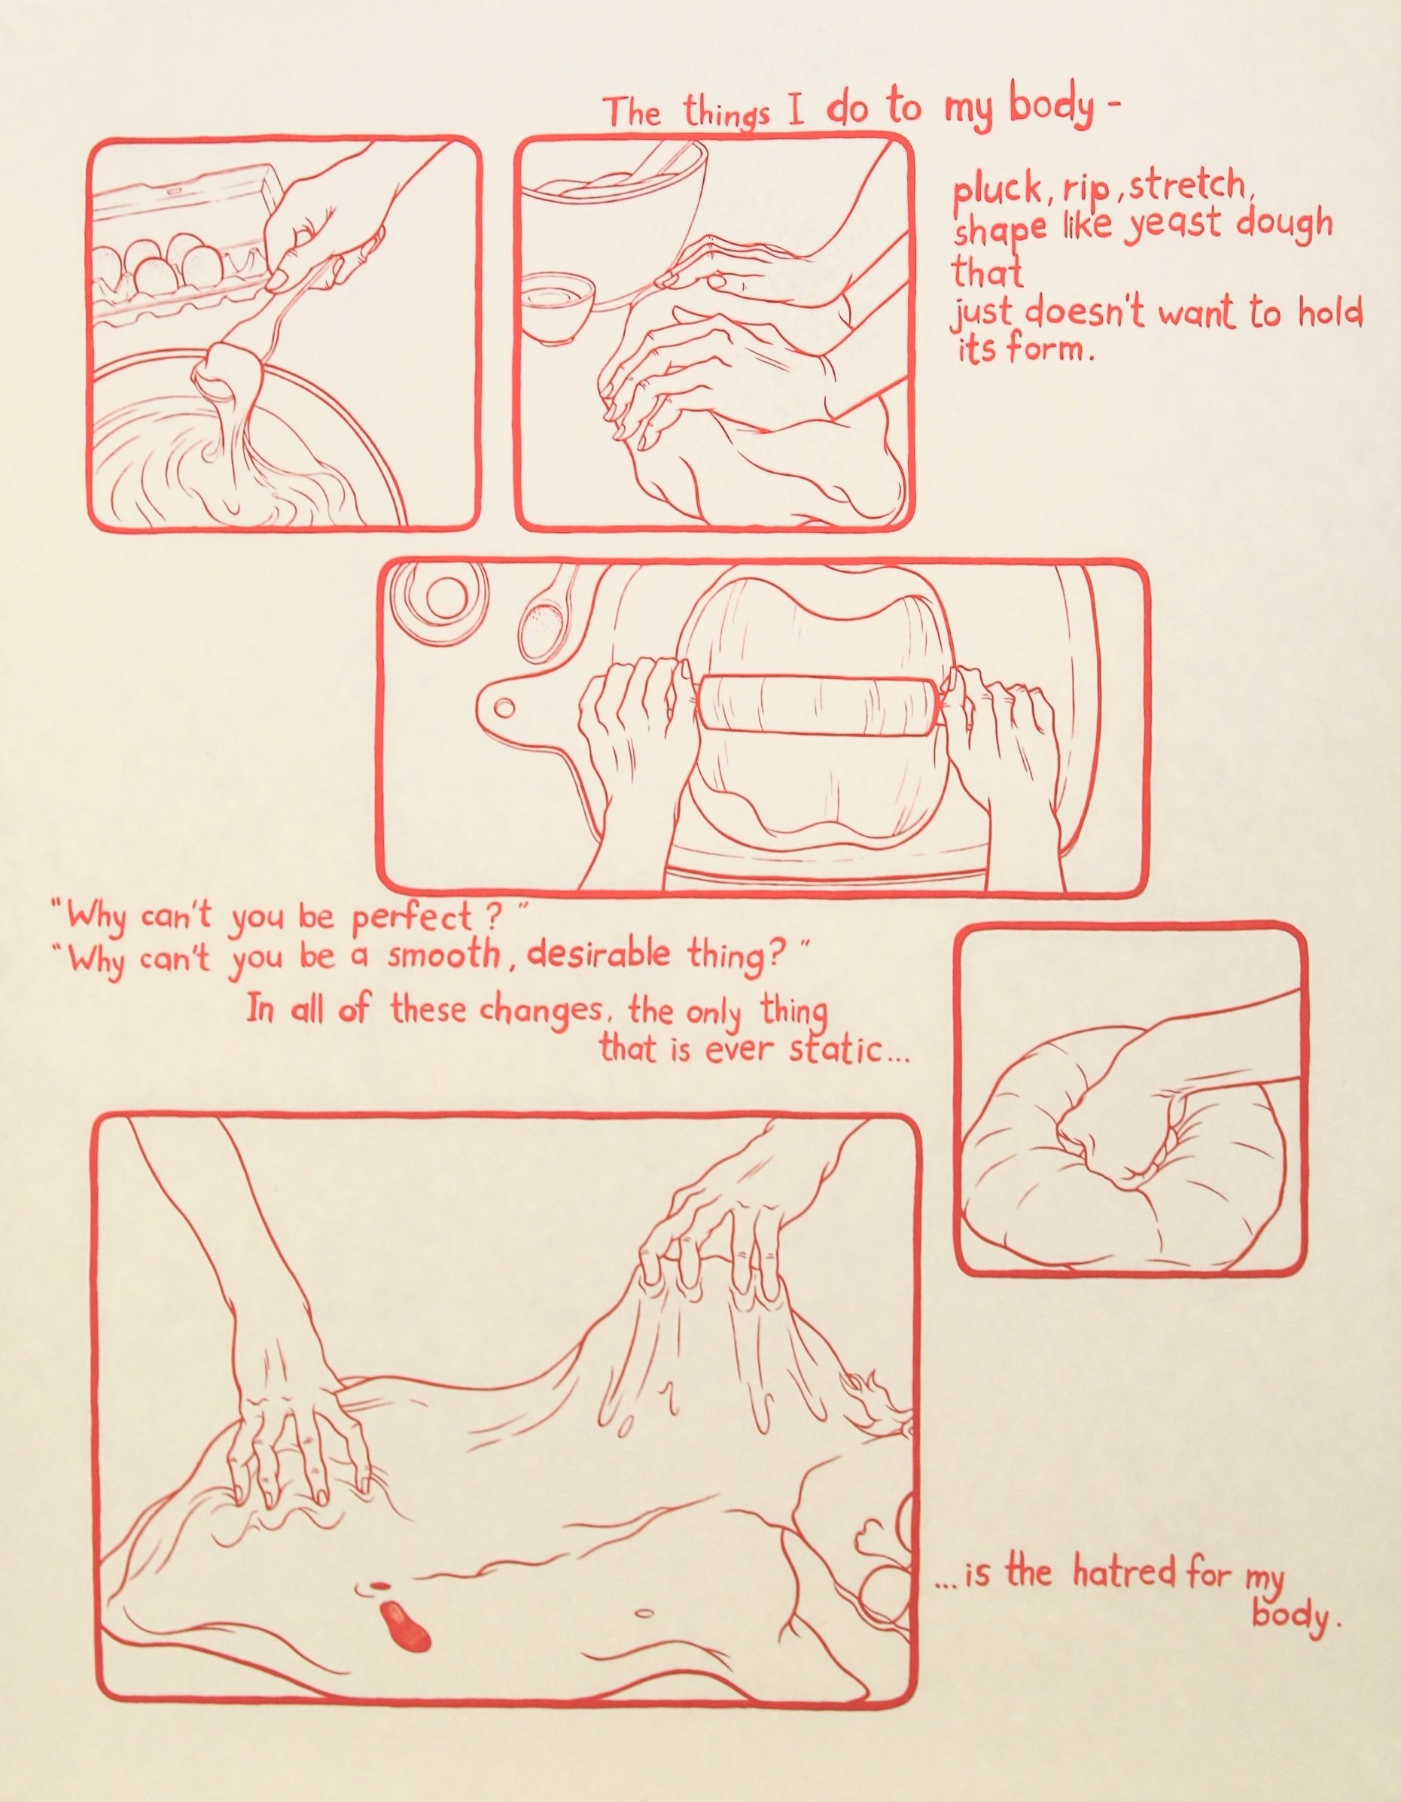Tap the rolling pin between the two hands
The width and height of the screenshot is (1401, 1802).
coord(817,702)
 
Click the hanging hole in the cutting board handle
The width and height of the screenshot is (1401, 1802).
coord(505,707)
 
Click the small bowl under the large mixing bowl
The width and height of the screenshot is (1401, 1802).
coord(560,308)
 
